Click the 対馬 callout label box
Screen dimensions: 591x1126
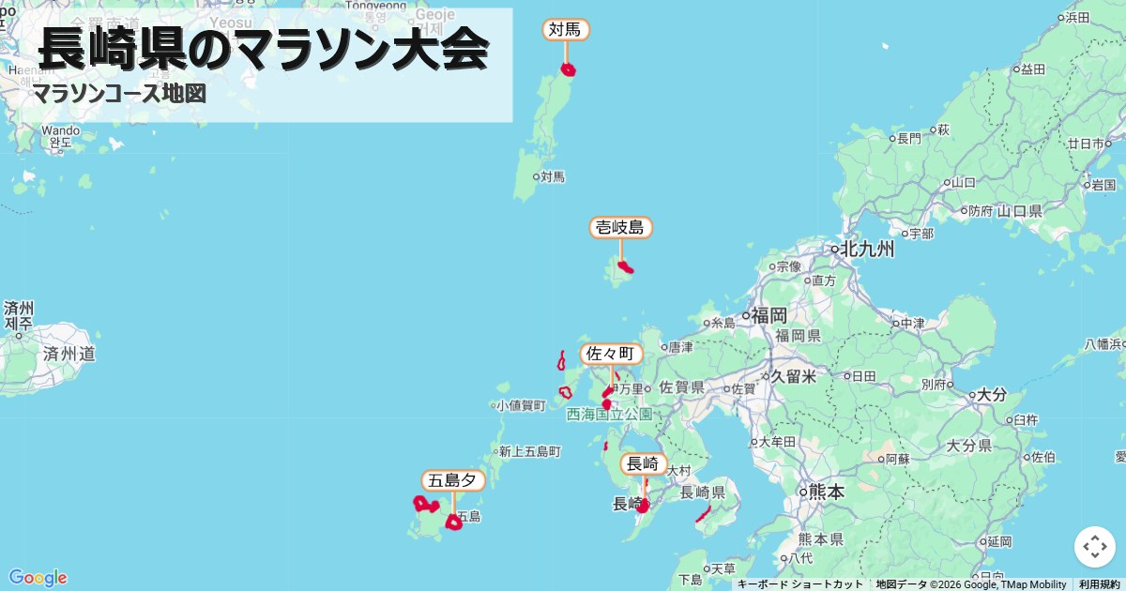coord(566,30)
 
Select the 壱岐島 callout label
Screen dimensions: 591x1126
coord(620,227)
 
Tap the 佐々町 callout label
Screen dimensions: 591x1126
coord(611,354)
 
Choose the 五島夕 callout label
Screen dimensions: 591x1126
coord(453,480)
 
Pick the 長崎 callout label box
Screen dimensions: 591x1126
coord(644,463)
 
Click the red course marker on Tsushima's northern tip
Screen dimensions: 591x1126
coord(568,69)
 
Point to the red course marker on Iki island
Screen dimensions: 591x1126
coord(626,267)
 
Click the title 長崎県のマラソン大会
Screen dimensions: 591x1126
coord(264,49)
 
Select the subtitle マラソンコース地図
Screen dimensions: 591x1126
coord(118,94)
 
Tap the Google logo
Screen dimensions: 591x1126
coord(38,577)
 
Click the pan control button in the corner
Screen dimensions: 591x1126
coord(1094,546)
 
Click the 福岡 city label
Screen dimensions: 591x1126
coord(768,315)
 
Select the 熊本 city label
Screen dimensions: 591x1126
coord(826,492)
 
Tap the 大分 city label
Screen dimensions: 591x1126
coord(992,395)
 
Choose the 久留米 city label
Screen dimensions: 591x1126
coord(793,376)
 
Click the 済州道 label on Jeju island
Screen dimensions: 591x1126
coord(68,354)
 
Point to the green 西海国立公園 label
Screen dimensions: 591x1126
coord(609,414)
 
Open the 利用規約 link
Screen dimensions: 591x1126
coord(1099,584)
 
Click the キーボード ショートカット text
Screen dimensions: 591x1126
coord(799,584)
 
